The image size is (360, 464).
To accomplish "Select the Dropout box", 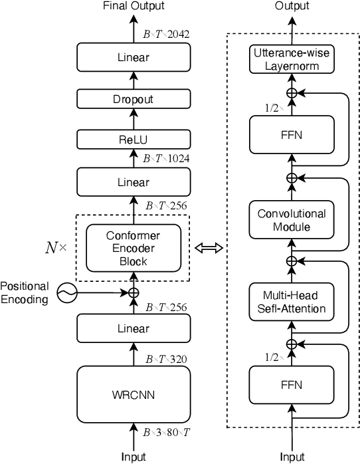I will tap(134, 99).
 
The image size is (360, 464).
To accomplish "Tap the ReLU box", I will tap(134, 140).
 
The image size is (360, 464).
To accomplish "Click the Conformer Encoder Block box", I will tap(134, 247).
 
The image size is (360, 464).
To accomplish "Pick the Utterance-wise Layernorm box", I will tap(290, 60).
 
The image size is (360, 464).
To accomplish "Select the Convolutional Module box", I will tap(290, 220).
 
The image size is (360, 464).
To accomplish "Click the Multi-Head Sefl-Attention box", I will tap(290, 302).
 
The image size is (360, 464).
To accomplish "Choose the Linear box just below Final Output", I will tap(134, 58).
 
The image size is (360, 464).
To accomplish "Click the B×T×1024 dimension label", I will tap(165, 159).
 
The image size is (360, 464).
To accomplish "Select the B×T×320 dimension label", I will tap(165, 360).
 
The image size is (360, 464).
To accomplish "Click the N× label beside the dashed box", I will tap(55, 248).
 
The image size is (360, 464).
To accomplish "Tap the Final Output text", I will tap(134, 6).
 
